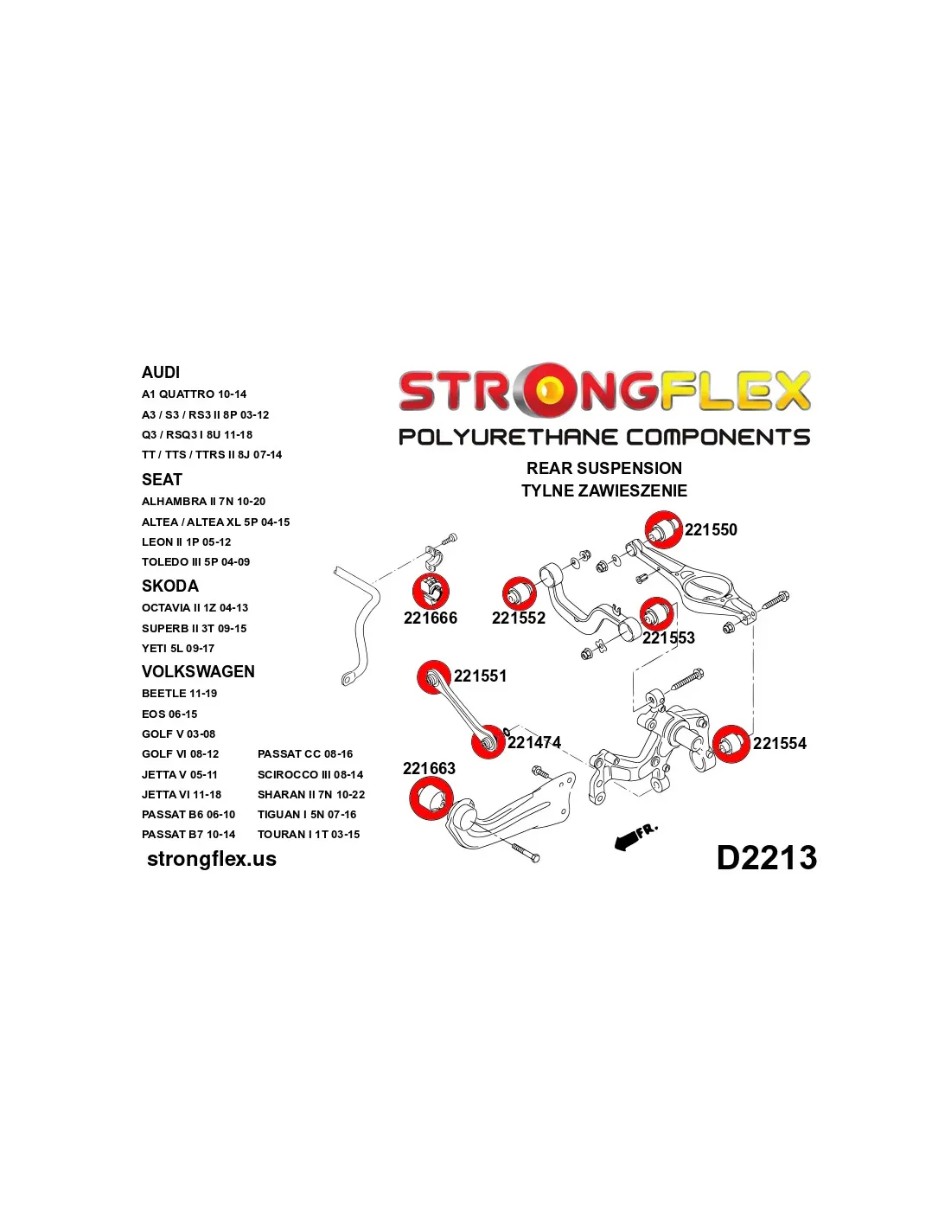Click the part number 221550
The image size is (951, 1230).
pos(711,529)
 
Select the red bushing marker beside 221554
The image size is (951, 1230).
pos(731,743)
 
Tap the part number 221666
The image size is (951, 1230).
pos(430,618)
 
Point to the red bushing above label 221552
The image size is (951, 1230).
pos(519,593)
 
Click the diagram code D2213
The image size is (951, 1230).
pos(767,857)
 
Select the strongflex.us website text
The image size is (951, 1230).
pos(212,859)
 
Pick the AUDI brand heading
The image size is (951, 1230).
pos(161,372)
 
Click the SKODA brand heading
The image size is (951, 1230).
pos(169,586)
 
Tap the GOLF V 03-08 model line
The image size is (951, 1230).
pos(179,734)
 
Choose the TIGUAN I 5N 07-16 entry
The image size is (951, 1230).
pos(307,814)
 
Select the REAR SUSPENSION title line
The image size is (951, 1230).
pos(604,468)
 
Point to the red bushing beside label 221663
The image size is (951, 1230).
pos(431,798)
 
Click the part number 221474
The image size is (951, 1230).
pos(533,742)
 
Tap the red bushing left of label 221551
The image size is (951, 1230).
pos(434,677)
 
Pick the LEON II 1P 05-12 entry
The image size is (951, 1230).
pos(187,541)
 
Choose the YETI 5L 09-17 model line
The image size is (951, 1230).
pos(178,648)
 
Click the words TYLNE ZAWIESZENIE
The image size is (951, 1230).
pos(604,490)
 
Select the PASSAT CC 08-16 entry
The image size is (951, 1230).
pos(305,754)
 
